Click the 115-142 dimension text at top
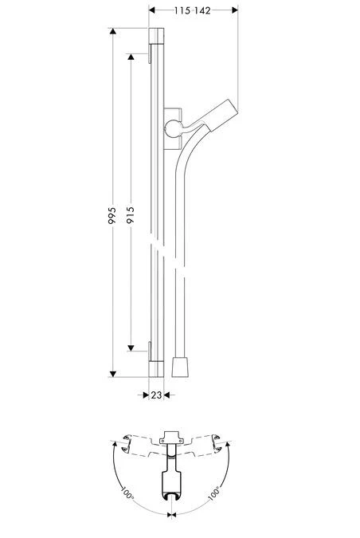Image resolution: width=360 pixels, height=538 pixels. point(194,10)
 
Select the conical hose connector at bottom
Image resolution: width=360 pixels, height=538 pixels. point(181,367)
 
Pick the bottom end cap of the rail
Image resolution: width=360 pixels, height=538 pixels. point(156,368)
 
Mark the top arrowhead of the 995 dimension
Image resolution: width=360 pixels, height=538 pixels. point(114,33)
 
